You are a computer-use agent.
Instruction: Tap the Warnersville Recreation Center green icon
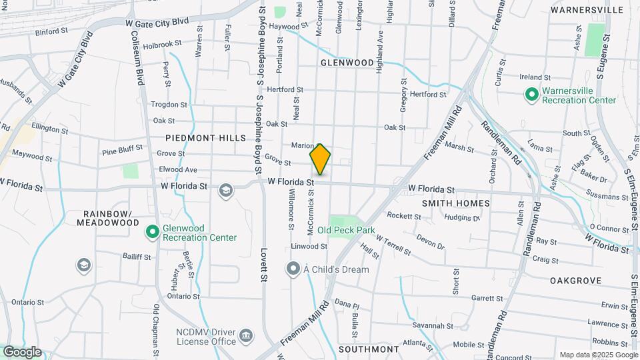pyautogui.click(x=531, y=95)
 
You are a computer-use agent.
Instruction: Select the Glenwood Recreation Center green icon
pyautogui.click(x=153, y=232)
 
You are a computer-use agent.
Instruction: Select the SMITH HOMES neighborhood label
pyautogui.click(x=456, y=203)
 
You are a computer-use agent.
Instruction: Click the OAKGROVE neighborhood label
pyautogui.click(x=576, y=281)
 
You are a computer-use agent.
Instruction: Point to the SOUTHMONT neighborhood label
pyautogui.click(x=369, y=349)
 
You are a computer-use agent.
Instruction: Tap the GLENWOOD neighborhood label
pyautogui.click(x=347, y=63)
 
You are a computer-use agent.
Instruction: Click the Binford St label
pyautogui.click(x=51, y=31)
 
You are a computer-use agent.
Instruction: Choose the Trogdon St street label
pyautogui.click(x=169, y=105)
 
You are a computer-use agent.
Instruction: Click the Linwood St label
pyautogui.click(x=309, y=246)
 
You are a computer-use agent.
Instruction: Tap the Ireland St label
pyautogui.click(x=535, y=77)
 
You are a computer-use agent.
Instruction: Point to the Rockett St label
pyautogui.click(x=404, y=216)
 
